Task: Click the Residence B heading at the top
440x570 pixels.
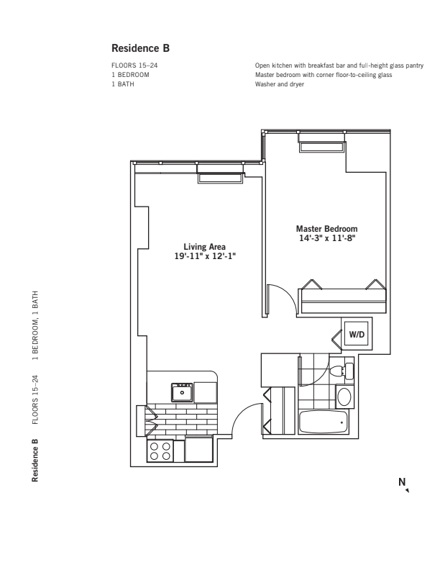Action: pos(140,49)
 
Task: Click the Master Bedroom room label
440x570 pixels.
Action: pos(327,229)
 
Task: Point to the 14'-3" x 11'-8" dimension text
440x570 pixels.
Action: pos(327,237)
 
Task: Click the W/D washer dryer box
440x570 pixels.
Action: pos(357,335)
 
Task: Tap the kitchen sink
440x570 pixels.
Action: pos(182,392)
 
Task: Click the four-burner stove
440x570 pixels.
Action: pos(160,451)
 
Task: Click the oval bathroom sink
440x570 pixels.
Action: pos(344,396)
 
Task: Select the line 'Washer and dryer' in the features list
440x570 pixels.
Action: pos(279,84)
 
